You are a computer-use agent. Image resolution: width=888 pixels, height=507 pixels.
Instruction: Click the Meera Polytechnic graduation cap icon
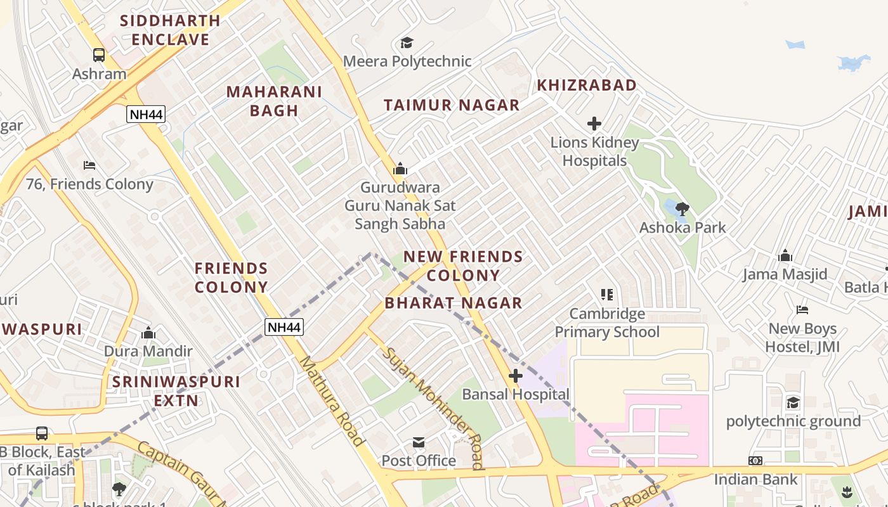(407, 42)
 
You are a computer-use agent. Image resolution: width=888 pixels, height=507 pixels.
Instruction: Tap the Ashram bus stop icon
(99, 55)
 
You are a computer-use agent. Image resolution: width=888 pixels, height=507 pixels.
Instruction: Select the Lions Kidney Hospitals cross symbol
(594, 123)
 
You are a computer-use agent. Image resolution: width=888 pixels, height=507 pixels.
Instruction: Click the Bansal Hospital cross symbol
(516, 376)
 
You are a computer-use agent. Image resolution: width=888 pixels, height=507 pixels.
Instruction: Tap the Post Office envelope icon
(419, 442)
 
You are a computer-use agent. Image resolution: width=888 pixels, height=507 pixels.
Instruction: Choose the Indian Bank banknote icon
(755, 461)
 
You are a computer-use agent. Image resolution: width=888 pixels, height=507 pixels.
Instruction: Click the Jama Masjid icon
(785, 255)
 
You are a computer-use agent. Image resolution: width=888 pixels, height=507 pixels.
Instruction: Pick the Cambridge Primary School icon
(607, 295)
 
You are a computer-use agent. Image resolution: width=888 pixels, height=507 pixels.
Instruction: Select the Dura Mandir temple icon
(148, 333)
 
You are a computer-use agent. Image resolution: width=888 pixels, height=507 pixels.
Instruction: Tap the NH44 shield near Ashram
(146, 114)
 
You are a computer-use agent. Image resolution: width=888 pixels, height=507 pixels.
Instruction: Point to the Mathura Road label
(332, 401)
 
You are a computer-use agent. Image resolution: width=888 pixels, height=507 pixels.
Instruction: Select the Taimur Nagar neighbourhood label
(452, 105)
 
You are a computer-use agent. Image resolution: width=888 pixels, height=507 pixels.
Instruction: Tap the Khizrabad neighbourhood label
(587, 85)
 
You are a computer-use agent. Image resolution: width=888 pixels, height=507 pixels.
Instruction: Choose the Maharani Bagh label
(274, 101)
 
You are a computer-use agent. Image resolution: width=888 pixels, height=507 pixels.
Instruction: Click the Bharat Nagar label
(454, 303)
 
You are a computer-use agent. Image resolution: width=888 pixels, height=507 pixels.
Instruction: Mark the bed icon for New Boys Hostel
(802, 310)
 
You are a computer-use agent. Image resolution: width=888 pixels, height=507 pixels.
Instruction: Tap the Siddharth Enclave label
(170, 30)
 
